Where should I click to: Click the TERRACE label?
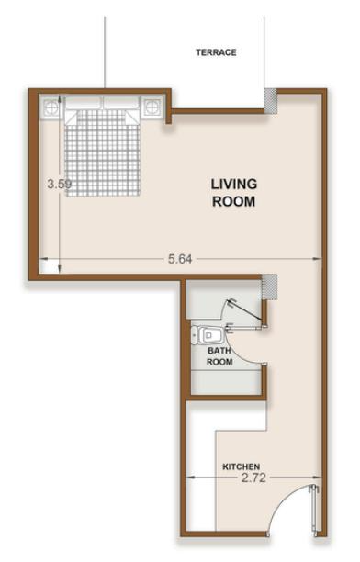[x=216, y=52]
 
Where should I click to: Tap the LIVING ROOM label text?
[x=234, y=193]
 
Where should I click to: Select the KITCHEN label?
[x=241, y=466]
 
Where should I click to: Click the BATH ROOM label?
[x=219, y=356]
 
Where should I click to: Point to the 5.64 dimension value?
[x=180, y=258]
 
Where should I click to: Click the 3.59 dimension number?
[x=60, y=185]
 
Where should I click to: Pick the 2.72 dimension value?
[x=253, y=478]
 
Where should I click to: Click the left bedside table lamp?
[x=51, y=107]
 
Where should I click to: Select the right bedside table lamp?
[x=152, y=107]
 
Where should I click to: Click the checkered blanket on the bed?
[x=103, y=153]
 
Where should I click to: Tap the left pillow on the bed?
[x=84, y=102]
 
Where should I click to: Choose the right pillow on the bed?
[x=121, y=102]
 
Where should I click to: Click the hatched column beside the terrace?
[x=271, y=101]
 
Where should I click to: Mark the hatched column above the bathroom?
[x=269, y=287]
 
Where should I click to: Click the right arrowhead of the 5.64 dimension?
[x=318, y=258]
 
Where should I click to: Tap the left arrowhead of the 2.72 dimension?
[x=190, y=478]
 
